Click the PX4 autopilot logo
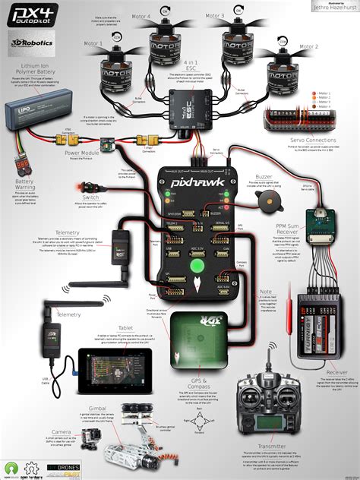click(33, 14)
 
